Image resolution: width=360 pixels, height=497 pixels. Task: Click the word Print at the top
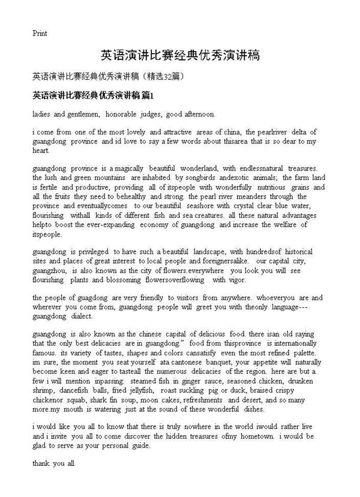pos(40,33)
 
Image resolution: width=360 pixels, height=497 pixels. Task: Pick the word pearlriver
pos(267,132)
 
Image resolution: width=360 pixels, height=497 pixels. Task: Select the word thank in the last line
pos(41,464)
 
